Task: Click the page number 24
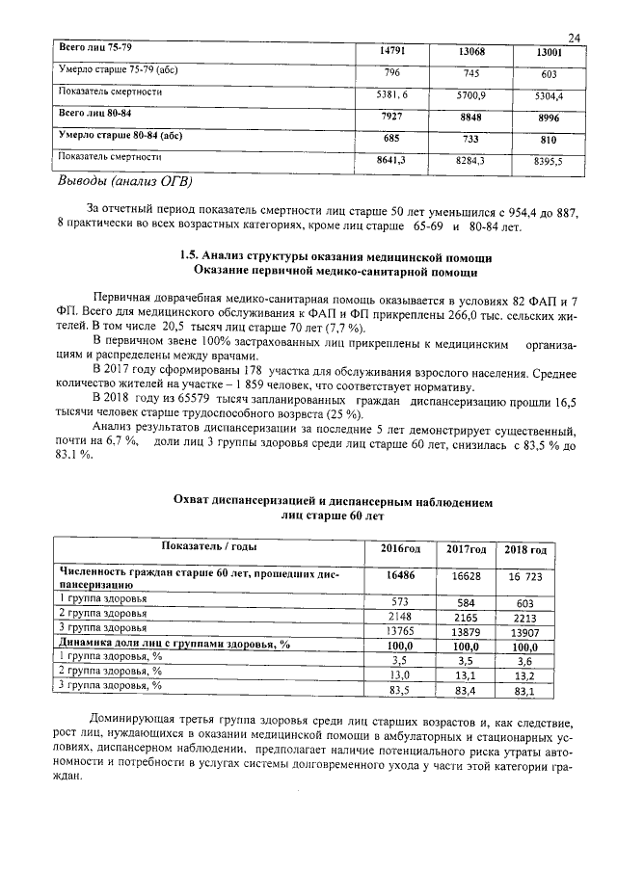click(x=574, y=38)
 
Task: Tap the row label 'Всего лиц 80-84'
click(x=94, y=115)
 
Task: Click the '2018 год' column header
click(x=526, y=549)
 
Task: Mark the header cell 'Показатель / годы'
click(x=201, y=546)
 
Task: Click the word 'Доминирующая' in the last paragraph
click(x=132, y=720)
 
